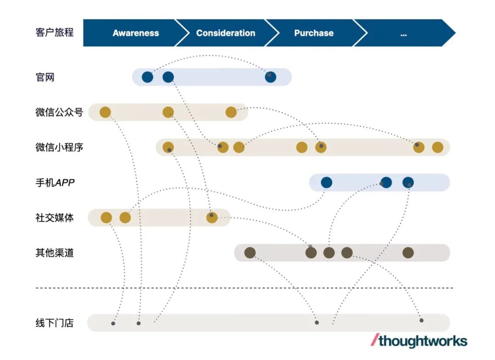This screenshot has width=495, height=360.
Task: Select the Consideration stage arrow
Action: pyautogui.click(x=225, y=33)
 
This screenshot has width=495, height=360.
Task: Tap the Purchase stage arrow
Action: pyautogui.click(x=314, y=33)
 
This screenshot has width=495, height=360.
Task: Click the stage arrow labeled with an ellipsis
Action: pyautogui.click(x=403, y=33)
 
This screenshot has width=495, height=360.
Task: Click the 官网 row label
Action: pyautogui.click(x=45, y=77)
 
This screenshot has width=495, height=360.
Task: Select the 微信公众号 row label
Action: pyautogui.click(x=59, y=112)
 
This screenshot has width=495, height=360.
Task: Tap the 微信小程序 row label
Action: pyautogui.click(x=59, y=147)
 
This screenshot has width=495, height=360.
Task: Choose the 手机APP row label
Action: pyautogui.click(x=55, y=183)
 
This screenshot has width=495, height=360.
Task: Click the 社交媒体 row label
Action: pyautogui.click(x=55, y=218)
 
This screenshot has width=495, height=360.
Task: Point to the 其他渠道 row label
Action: pyautogui.click(x=55, y=253)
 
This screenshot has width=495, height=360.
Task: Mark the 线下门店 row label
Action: pyautogui.click(x=55, y=323)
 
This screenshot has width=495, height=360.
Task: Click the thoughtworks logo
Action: pyautogui.click(x=419, y=341)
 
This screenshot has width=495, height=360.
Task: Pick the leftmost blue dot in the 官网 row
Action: pyautogui.click(x=147, y=77)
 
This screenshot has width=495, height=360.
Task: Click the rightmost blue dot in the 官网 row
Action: pyautogui.click(x=270, y=77)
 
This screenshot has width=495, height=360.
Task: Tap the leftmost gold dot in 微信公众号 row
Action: pyautogui.click(x=105, y=112)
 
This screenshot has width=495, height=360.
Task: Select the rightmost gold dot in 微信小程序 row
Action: pyautogui.click(x=438, y=147)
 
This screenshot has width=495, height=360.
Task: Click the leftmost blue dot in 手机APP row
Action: pyautogui.click(x=326, y=183)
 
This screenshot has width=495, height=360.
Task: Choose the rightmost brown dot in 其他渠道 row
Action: pyautogui.click(x=408, y=253)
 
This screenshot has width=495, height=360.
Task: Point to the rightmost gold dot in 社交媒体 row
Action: pyautogui.click(x=212, y=218)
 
